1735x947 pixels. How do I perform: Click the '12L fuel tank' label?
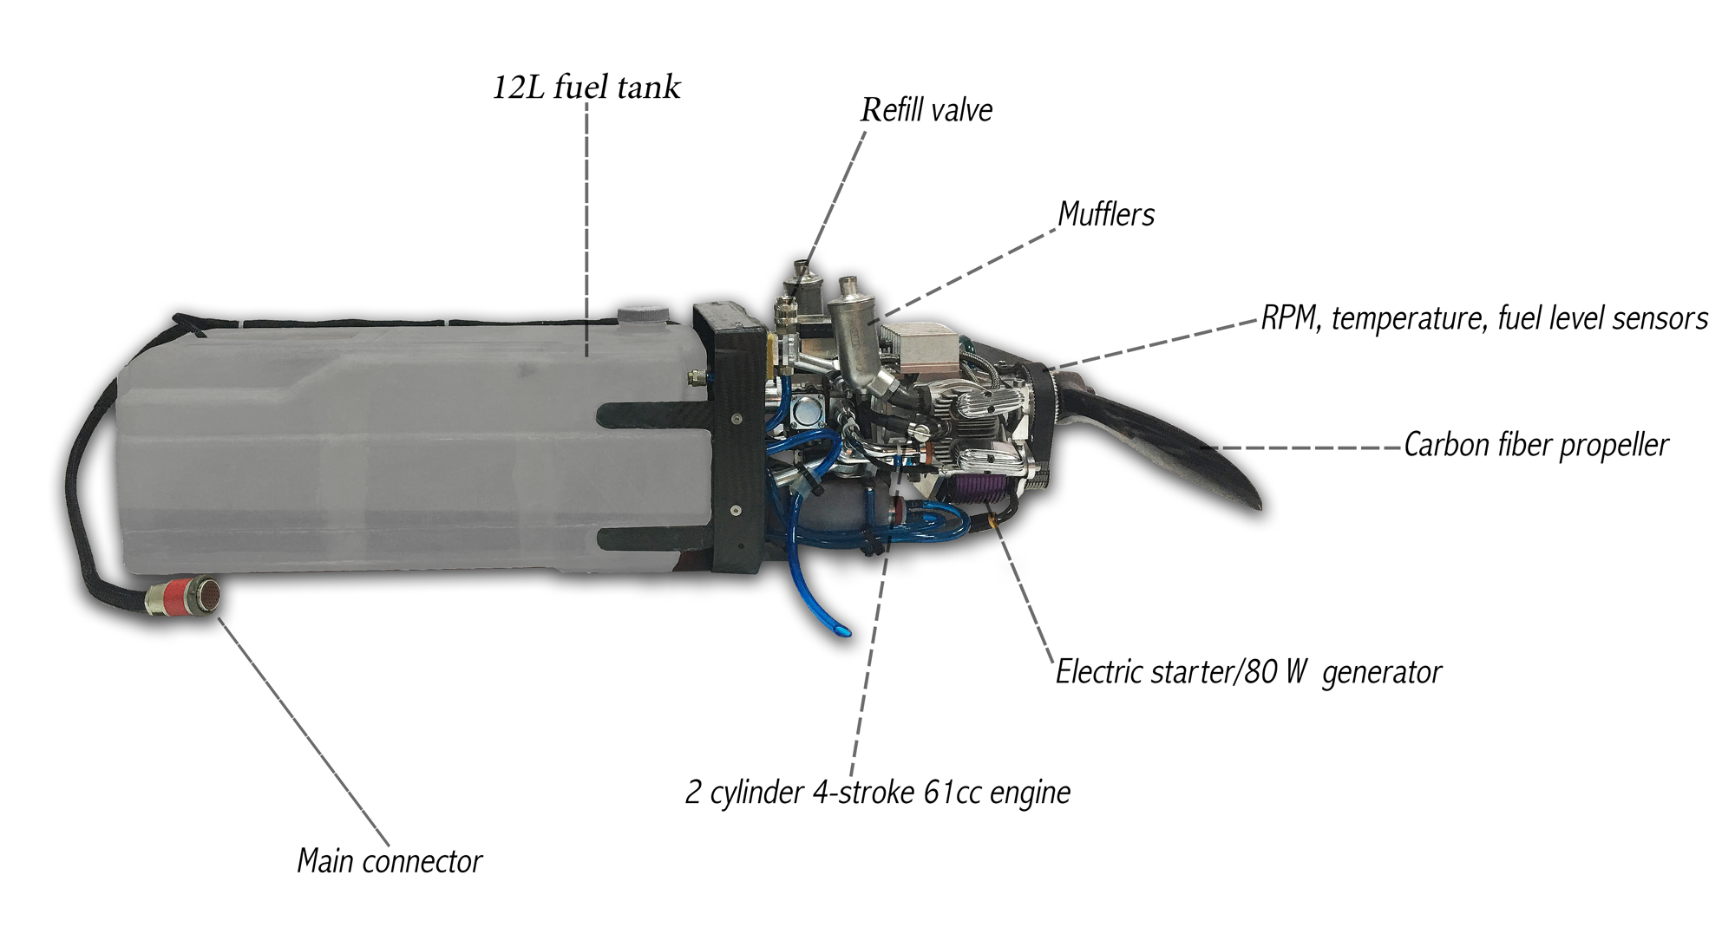[x=586, y=88]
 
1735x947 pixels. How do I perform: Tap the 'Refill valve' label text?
[x=926, y=110]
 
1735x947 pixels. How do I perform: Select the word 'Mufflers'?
[x=1106, y=214]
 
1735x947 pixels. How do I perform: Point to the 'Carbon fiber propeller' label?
[x=1535, y=445]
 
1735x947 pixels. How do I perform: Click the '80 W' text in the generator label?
[x=1275, y=672]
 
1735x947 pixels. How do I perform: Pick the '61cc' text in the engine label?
[x=953, y=793]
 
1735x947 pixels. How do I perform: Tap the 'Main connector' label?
[x=389, y=861]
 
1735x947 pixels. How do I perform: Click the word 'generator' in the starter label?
[x=1381, y=672]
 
